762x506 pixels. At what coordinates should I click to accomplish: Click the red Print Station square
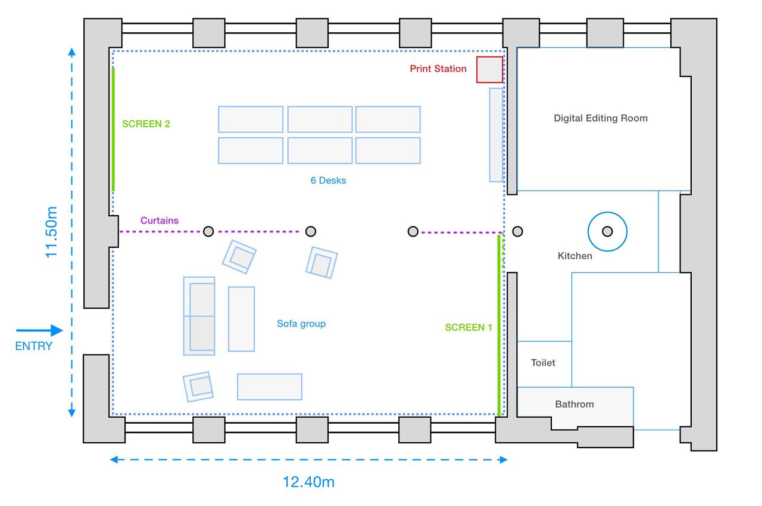tap(489, 70)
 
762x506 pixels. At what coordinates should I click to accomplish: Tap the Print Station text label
tap(438, 69)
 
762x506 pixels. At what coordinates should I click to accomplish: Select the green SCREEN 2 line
tap(113, 129)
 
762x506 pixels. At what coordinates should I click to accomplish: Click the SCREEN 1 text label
tap(469, 327)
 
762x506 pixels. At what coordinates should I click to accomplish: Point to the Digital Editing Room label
tap(601, 118)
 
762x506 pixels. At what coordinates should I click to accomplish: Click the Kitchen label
tap(574, 256)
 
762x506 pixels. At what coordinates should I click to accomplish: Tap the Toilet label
tap(543, 362)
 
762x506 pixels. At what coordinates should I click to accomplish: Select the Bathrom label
tap(574, 404)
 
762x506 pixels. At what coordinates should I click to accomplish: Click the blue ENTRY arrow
tap(39, 330)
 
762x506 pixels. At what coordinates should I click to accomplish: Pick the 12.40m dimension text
tap(308, 482)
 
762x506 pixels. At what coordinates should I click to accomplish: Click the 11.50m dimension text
tap(51, 232)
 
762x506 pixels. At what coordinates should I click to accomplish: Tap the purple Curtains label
tap(159, 221)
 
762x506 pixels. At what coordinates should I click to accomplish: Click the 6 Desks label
tap(328, 181)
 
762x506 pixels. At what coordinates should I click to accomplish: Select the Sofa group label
tap(301, 324)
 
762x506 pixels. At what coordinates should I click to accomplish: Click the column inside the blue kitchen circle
tap(607, 232)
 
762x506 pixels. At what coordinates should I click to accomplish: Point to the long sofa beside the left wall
tap(199, 316)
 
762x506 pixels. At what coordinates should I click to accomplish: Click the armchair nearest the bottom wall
tap(198, 386)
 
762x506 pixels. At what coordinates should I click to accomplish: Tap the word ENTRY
tap(34, 346)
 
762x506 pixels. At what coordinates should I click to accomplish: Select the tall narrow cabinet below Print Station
tap(496, 135)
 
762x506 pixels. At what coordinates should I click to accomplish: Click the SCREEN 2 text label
tap(146, 123)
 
